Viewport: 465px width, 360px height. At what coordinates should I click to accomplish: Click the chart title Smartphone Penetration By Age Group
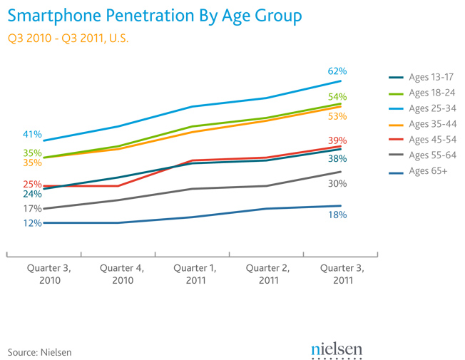tap(154, 15)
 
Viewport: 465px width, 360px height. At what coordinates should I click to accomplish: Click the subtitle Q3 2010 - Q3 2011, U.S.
tap(68, 38)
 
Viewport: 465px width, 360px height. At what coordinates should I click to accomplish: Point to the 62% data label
tap(337, 71)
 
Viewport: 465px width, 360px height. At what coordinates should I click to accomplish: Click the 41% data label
tap(32, 134)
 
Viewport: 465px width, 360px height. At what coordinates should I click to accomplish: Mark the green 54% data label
tap(337, 97)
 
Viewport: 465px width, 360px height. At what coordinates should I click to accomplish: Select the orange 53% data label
tap(337, 116)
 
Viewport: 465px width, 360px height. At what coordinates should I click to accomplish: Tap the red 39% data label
tap(337, 140)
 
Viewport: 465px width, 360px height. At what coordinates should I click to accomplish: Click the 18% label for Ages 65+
tap(337, 215)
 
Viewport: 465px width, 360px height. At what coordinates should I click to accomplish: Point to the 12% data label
tap(32, 223)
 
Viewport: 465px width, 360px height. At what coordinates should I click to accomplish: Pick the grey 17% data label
tap(32, 209)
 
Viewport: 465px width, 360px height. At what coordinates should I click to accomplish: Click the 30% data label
tap(337, 184)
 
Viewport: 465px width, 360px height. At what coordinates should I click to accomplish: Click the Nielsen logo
tap(337, 349)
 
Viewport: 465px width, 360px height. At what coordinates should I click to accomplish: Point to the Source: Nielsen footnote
tap(40, 352)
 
